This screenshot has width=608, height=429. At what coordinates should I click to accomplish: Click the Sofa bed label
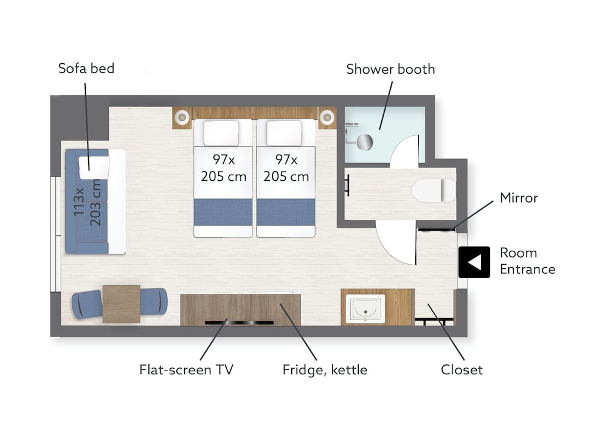click(86, 68)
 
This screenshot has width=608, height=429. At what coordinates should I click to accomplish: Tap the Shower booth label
click(390, 69)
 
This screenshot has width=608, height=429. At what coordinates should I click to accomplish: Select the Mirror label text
click(519, 198)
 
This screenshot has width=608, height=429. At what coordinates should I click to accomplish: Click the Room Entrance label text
click(527, 261)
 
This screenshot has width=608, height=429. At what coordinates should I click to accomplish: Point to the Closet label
click(461, 369)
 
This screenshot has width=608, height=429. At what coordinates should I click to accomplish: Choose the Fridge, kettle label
click(325, 370)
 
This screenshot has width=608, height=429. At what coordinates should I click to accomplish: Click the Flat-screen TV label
click(186, 369)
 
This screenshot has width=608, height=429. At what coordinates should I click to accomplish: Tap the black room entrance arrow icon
click(474, 262)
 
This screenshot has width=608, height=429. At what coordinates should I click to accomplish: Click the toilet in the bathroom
click(434, 190)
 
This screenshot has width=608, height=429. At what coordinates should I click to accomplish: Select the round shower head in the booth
click(364, 142)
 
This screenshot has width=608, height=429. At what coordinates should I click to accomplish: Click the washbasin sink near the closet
click(365, 309)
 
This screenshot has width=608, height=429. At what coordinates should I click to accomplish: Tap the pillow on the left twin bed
click(221, 133)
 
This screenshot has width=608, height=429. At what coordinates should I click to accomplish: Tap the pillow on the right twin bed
click(284, 133)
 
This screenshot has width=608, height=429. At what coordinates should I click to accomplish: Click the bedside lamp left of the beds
click(181, 116)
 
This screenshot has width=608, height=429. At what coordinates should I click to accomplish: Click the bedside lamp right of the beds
click(327, 116)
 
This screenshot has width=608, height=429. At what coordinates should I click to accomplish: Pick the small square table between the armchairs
click(122, 304)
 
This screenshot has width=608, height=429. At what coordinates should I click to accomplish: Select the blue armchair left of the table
click(87, 304)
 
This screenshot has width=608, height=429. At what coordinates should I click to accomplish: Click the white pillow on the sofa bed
click(94, 167)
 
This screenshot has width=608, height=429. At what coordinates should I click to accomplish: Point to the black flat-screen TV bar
click(239, 323)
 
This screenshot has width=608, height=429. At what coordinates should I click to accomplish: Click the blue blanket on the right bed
click(286, 212)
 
